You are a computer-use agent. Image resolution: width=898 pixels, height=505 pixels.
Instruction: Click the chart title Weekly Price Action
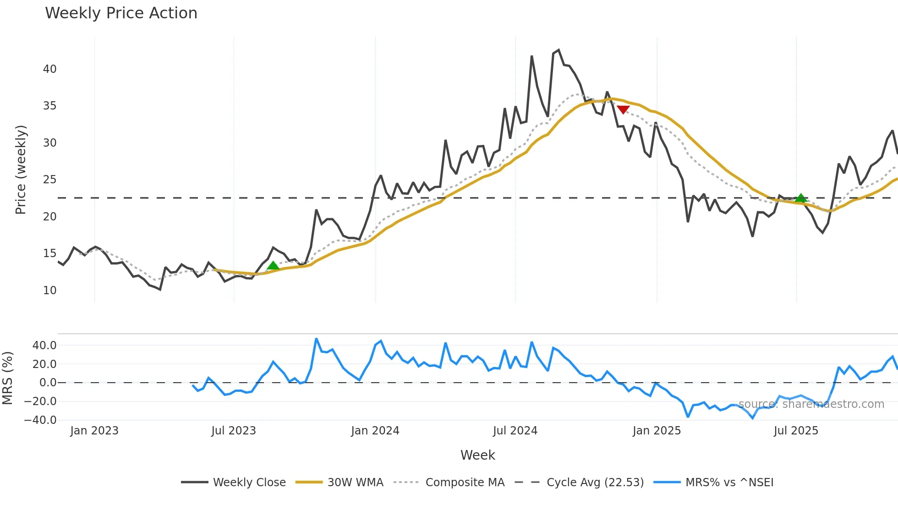click(121, 13)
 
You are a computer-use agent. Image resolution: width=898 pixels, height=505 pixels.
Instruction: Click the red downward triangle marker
click(623, 109)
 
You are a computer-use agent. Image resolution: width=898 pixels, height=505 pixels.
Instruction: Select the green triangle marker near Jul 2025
click(800, 198)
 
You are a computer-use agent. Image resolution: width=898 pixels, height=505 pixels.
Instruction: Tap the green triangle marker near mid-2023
click(273, 265)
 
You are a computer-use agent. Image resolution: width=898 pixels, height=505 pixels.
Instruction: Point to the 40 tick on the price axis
click(49, 69)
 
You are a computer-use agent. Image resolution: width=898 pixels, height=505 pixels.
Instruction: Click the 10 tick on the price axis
click(49, 291)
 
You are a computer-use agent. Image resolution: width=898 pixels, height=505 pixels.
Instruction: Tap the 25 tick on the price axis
click(49, 180)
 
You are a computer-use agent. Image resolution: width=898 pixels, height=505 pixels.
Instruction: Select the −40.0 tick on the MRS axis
click(40, 420)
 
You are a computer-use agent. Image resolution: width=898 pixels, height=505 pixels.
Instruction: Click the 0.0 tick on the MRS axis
click(48, 383)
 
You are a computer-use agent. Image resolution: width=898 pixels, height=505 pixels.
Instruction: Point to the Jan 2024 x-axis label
click(375, 431)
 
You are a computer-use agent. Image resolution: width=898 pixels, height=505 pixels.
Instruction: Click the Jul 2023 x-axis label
click(234, 431)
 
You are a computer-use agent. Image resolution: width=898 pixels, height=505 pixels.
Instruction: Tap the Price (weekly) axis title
click(21, 170)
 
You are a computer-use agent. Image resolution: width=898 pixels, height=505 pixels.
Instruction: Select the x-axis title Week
click(477, 455)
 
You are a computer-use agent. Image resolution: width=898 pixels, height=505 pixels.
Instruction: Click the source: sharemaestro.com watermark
click(811, 404)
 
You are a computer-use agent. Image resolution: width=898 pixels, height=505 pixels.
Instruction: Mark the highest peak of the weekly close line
click(559, 50)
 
